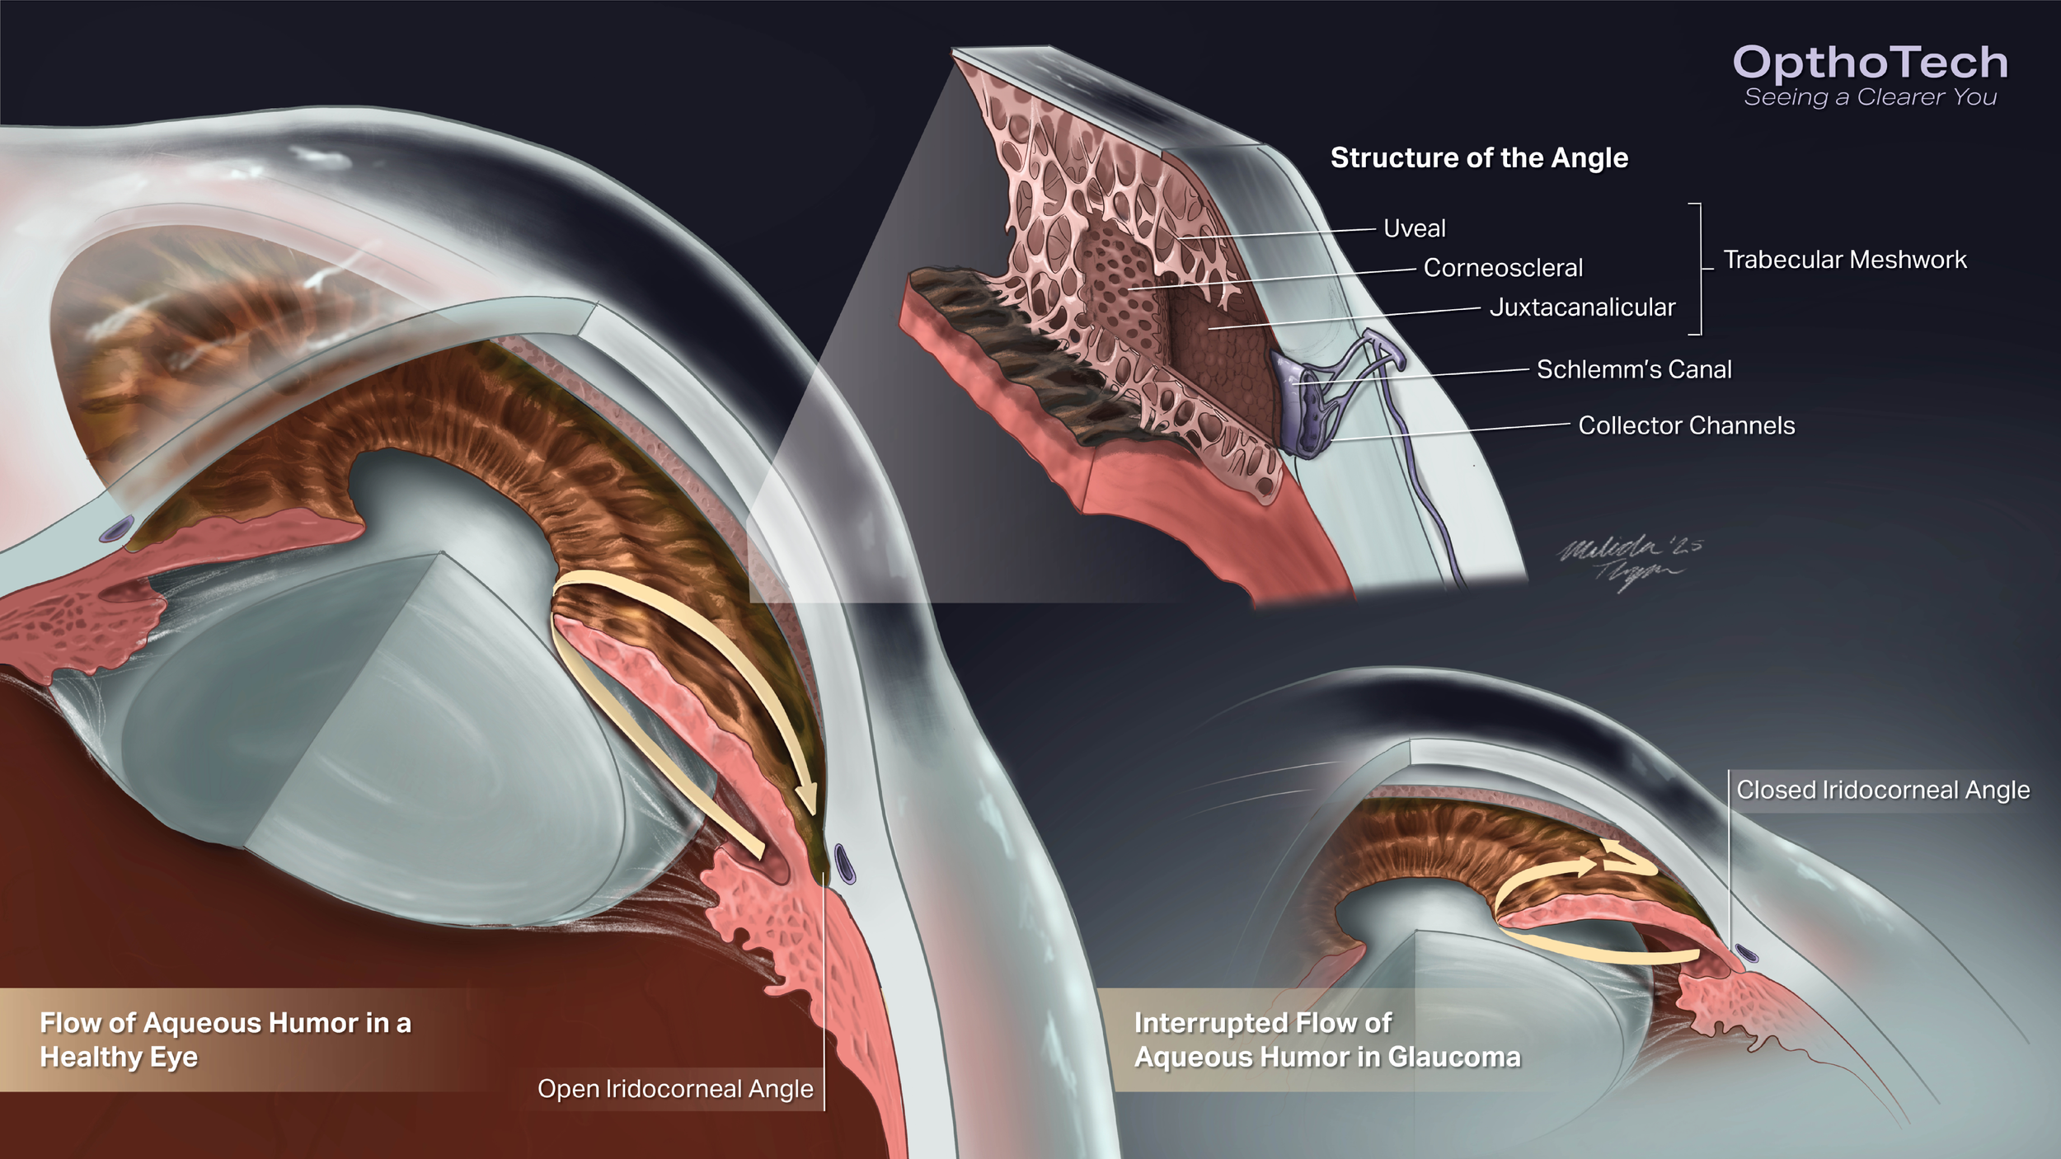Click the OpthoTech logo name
pos(1870,63)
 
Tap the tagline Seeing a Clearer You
pos(1870,97)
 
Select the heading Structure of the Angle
pos(1479,157)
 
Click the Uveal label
pos(1414,228)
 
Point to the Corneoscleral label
pos(1503,268)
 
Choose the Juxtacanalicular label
pos(1582,307)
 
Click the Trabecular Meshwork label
pos(1845,260)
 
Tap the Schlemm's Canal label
pos(1634,369)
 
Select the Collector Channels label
pos(1686,425)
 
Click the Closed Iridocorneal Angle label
pos(1883,790)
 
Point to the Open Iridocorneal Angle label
pos(675,1089)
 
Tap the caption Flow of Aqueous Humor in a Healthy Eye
pos(225,1039)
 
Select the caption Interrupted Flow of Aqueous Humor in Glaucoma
pos(1326,1039)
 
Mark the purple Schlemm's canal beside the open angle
pos(844,863)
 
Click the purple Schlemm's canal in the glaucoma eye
pos(1746,954)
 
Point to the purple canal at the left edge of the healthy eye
pos(117,528)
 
